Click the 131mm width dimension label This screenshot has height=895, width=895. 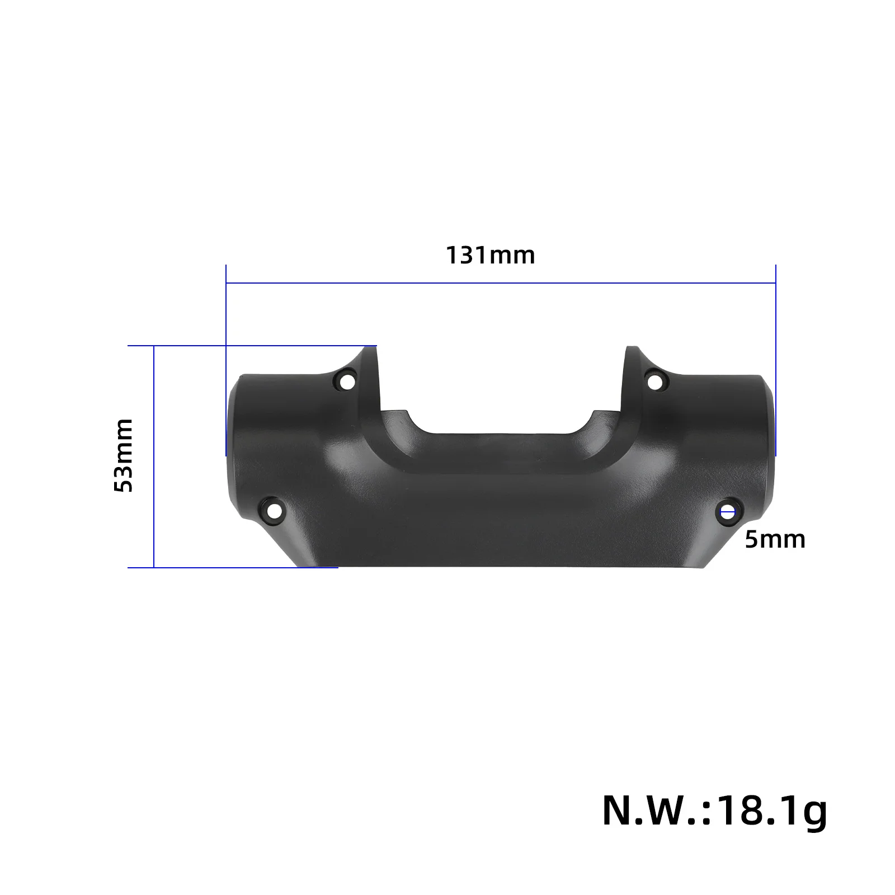[x=491, y=256]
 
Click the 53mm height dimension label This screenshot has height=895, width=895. [x=124, y=455]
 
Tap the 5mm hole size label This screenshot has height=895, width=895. [x=775, y=540]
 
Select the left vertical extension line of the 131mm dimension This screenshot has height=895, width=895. [x=226, y=313]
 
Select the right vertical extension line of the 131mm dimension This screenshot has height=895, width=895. [x=775, y=313]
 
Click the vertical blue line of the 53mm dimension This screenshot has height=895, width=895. [x=154, y=456]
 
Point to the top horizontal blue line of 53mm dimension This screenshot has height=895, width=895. [x=252, y=346]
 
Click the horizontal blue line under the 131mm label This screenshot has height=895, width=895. [x=501, y=284]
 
